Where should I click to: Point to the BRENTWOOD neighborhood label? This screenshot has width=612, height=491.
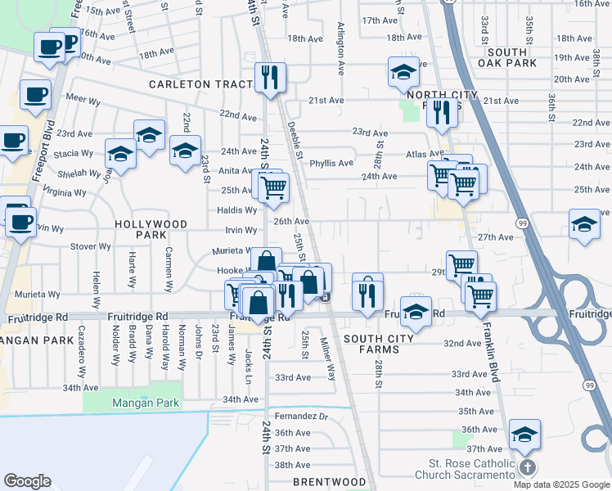[330, 482]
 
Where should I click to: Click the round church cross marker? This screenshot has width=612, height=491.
[528, 467]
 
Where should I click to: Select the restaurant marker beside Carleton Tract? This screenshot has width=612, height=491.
[270, 78]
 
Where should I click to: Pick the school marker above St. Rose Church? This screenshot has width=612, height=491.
[524, 434]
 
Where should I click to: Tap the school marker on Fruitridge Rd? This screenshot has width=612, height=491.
[416, 311]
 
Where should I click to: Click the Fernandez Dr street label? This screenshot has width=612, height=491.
[301, 417]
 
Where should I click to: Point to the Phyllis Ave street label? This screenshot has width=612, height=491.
[331, 163]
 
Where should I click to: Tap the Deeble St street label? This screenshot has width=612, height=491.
[295, 140]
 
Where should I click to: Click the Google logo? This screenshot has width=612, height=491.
[28, 481]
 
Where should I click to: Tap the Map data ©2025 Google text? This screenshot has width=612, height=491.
[561, 484]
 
